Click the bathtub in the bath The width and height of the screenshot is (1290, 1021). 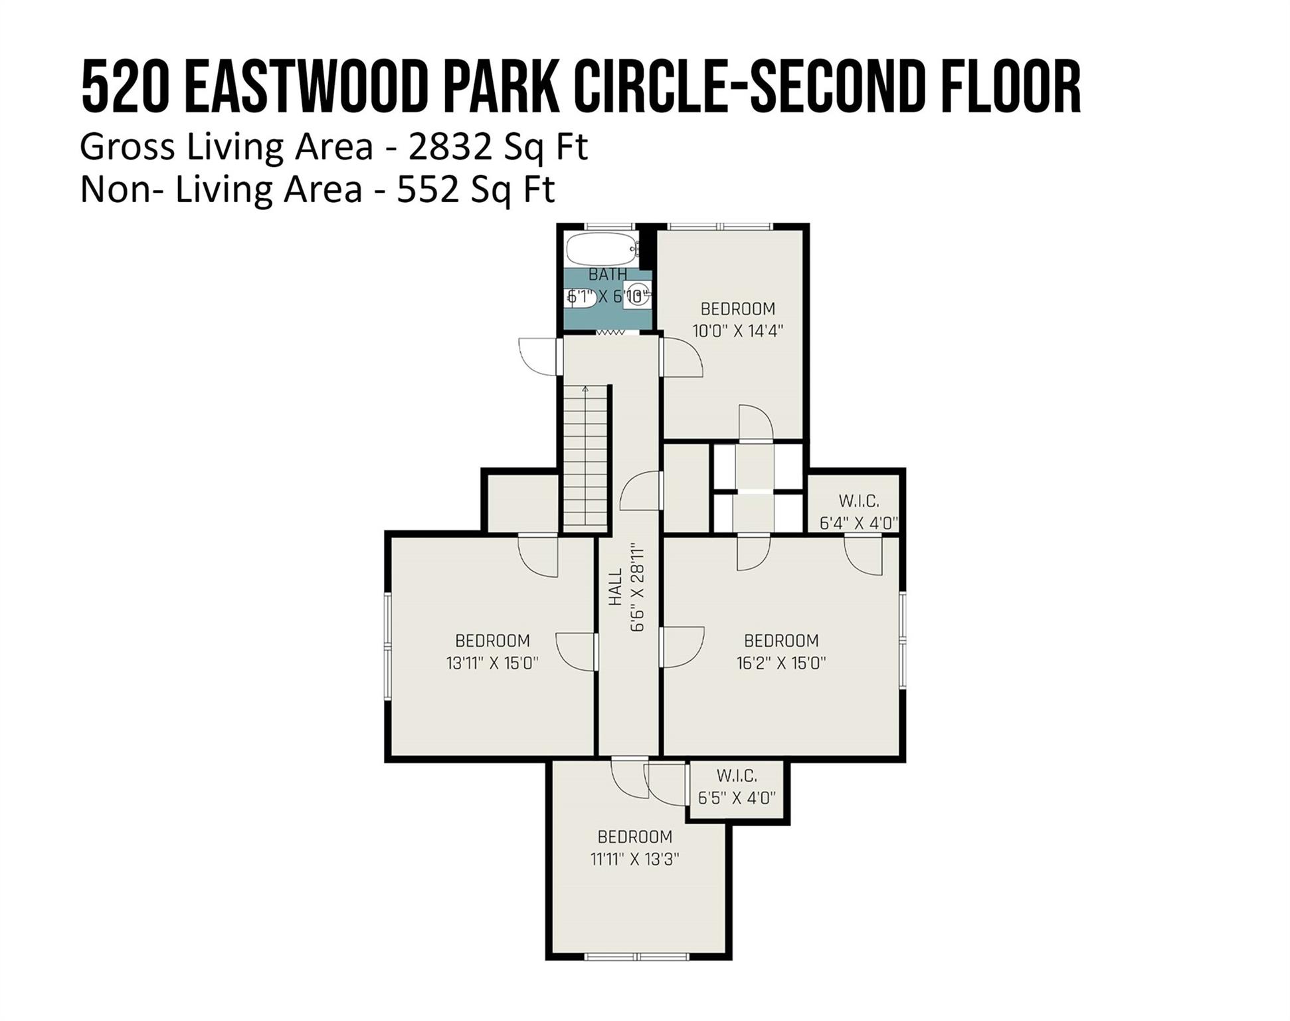coord(600,249)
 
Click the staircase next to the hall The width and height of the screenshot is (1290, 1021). coord(586,459)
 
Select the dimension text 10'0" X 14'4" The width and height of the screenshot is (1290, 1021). coord(738,330)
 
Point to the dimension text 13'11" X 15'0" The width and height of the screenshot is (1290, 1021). coord(492,663)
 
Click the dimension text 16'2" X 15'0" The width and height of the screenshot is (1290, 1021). coord(781,663)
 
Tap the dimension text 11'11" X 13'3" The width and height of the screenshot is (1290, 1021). coord(635,859)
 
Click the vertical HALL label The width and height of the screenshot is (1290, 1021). coord(616,587)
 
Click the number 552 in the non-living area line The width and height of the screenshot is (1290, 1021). coord(428,189)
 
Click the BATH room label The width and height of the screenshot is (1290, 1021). coord(608,274)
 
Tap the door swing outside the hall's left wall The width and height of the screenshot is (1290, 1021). coord(540,356)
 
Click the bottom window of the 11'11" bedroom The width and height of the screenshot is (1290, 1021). coord(637,957)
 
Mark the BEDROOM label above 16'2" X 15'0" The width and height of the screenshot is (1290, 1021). coord(781,641)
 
